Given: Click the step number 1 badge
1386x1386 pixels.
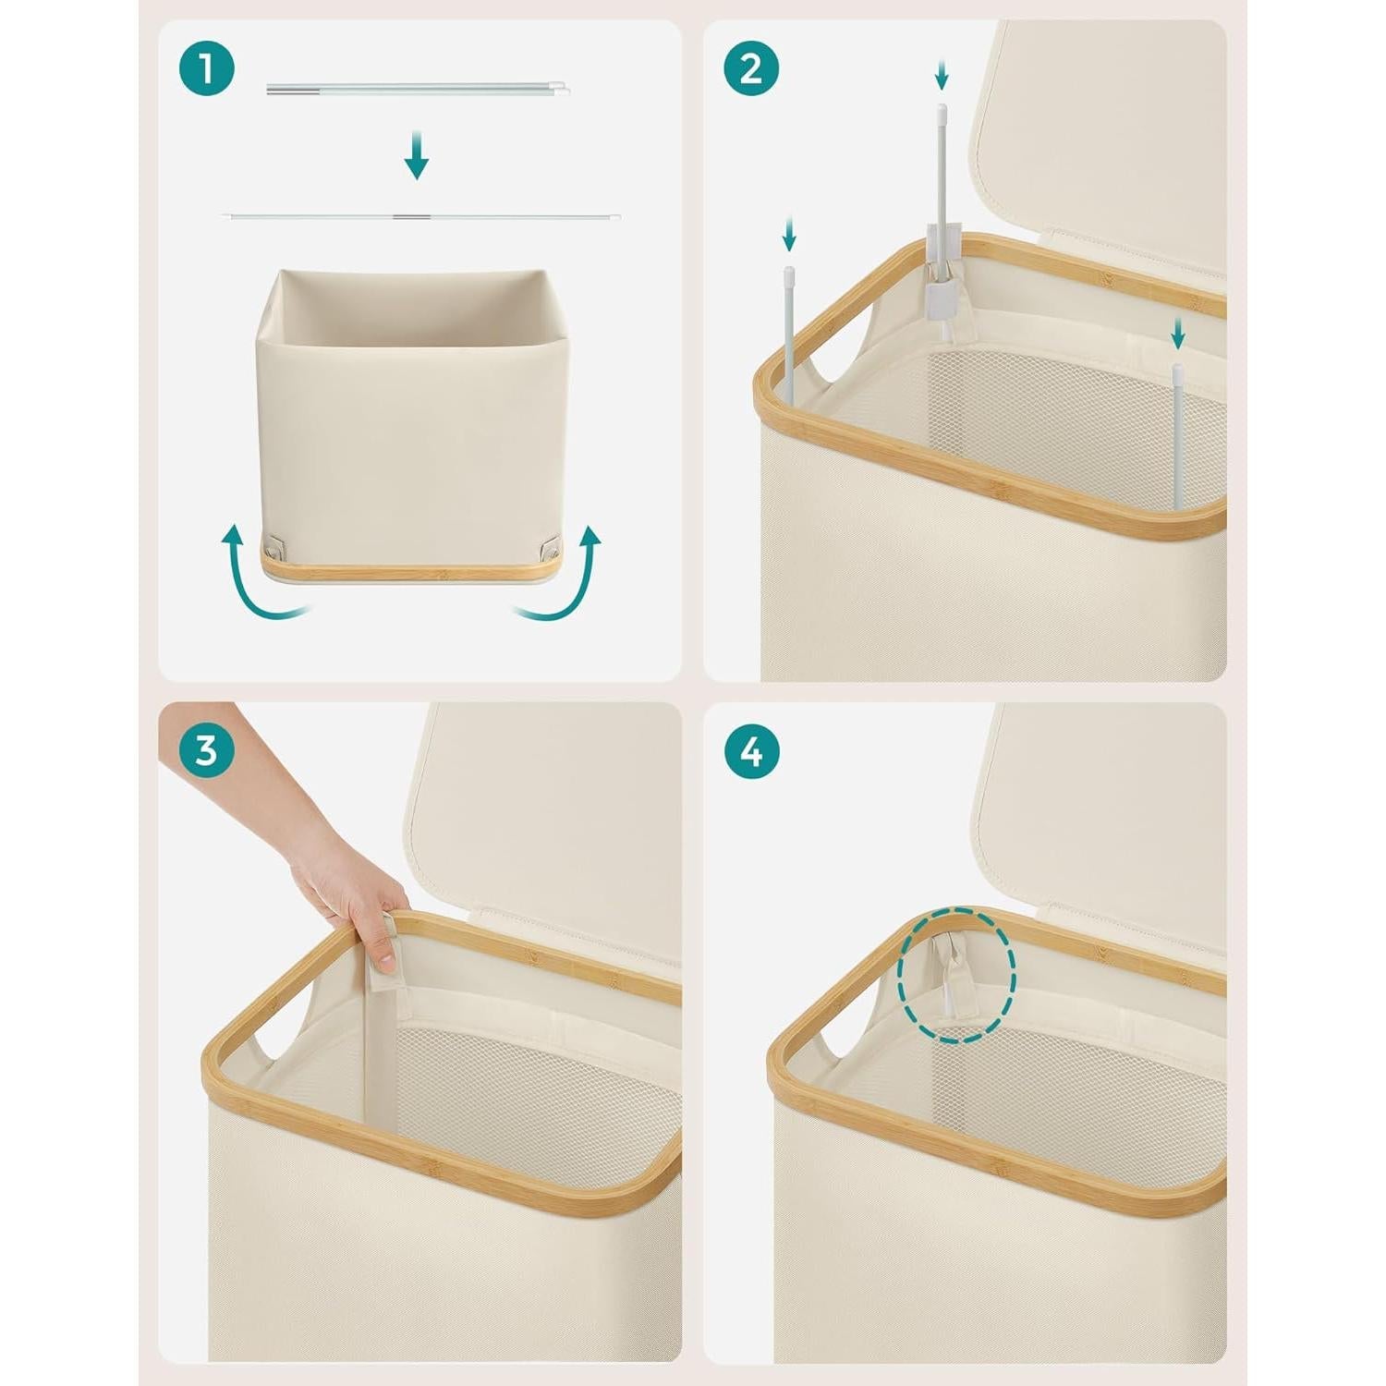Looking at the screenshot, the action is click(x=207, y=68).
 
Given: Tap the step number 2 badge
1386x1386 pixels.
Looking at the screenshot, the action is click(x=751, y=68).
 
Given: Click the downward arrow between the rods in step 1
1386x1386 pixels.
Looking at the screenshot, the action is click(x=417, y=155).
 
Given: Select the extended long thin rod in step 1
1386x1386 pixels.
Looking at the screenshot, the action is click(x=421, y=217).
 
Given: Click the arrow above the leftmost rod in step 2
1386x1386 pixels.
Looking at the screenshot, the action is click(x=789, y=233).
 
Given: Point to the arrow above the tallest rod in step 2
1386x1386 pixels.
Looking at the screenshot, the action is click(x=942, y=74).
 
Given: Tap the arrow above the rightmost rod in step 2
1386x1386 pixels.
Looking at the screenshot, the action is click(x=1177, y=333).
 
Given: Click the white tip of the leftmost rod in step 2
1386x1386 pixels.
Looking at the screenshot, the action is click(x=790, y=274).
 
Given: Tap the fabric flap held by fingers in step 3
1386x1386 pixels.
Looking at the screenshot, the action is click(x=390, y=944).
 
